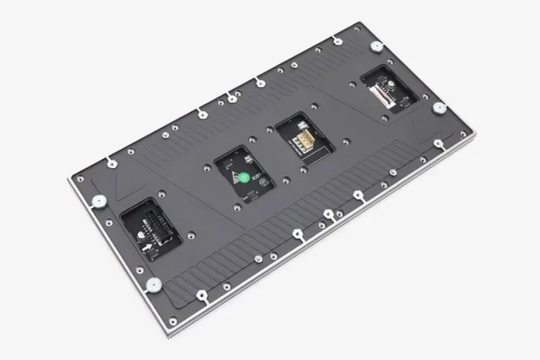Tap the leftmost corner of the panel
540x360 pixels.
click(68, 180)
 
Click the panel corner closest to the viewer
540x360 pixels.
click(168, 328)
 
